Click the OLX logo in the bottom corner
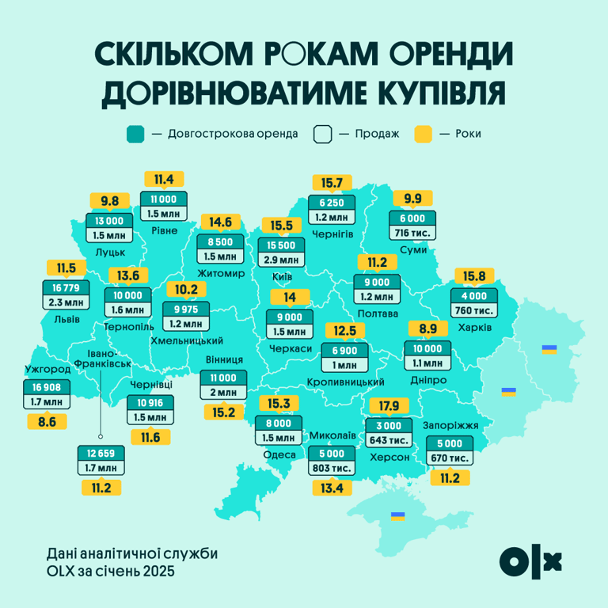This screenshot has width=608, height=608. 531,560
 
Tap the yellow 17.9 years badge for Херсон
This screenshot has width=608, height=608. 388,406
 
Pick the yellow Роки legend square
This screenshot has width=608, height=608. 424,134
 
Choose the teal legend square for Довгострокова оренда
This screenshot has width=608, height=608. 135,134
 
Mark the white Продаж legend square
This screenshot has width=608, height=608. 321,134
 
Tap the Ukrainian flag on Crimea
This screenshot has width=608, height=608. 397,516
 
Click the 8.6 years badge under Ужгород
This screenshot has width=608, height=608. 47,423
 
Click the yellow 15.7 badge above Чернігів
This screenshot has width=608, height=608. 332,183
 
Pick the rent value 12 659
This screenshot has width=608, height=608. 101,454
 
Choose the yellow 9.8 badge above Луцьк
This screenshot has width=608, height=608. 108,201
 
